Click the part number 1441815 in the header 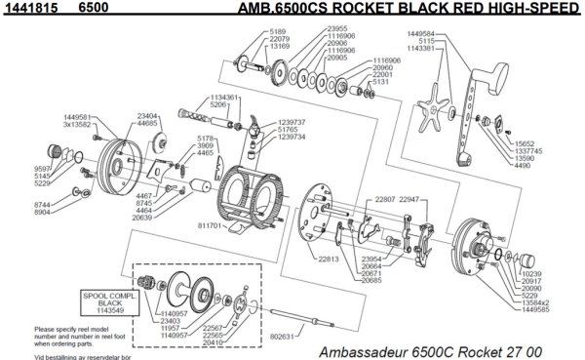click(x=25, y=8)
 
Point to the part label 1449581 click(x=78, y=116)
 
